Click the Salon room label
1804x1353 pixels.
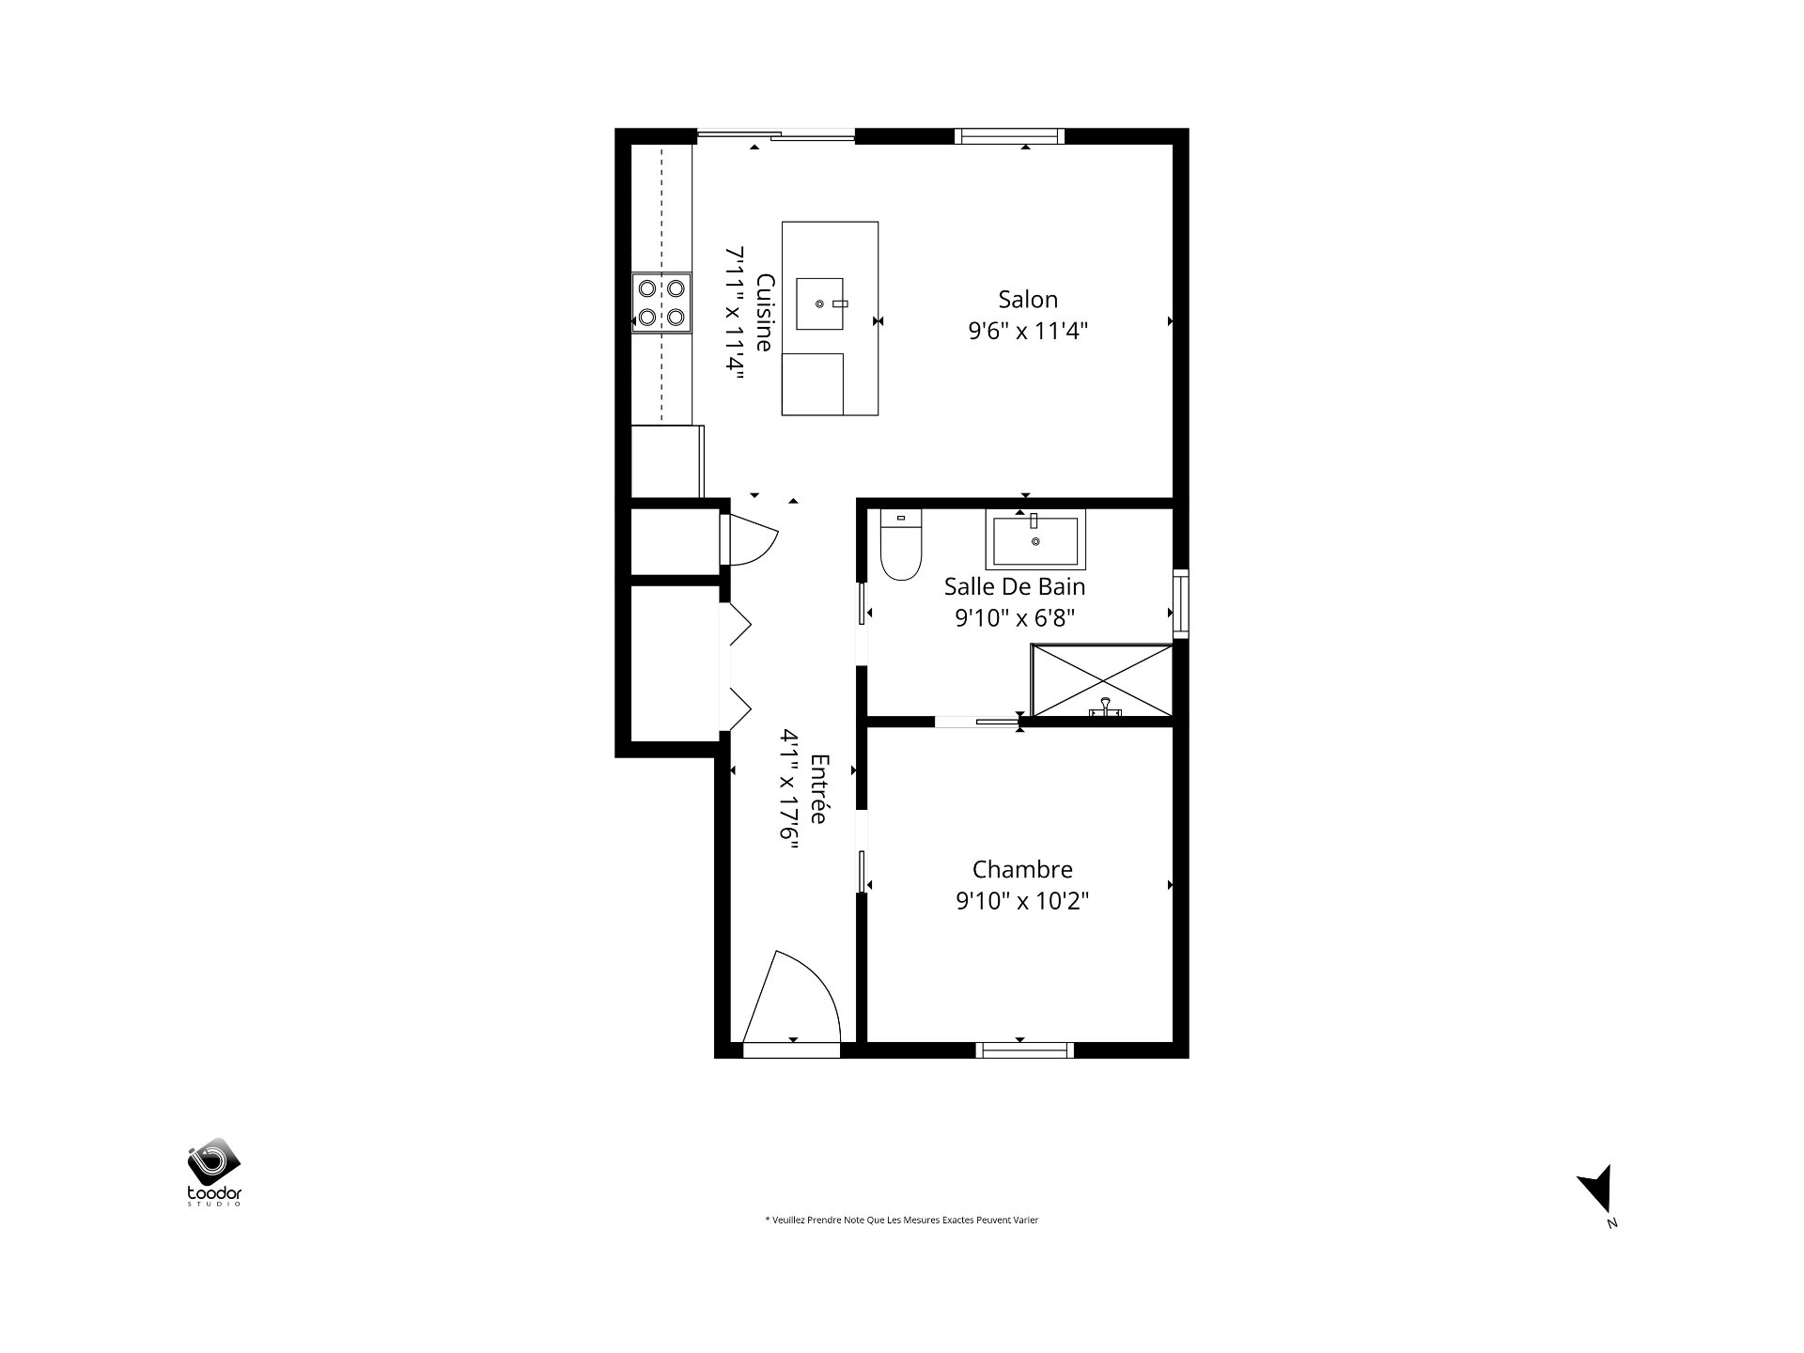point(1028,300)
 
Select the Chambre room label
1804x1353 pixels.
point(1022,869)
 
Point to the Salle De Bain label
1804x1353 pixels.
point(1015,586)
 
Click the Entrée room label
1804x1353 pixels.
point(819,789)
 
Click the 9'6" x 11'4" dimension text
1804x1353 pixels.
point(1028,332)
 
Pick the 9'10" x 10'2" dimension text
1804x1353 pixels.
point(1022,901)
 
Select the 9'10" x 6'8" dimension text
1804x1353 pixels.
point(1015,618)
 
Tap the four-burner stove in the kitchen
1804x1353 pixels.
point(661,303)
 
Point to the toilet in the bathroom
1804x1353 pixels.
point(900,545)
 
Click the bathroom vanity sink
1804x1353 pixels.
point(1035,539)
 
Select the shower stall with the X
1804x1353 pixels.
point(1101,681)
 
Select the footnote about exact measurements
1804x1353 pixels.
point(902,1221)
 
